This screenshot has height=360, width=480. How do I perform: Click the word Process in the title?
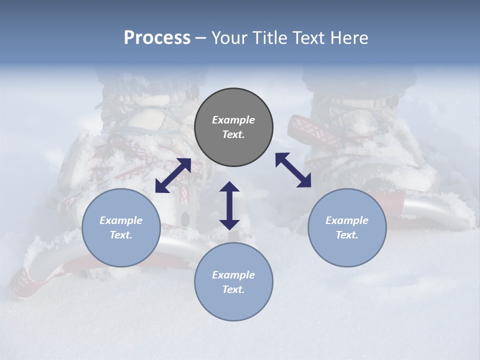[157, 38]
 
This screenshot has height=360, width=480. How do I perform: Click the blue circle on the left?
[121, 227]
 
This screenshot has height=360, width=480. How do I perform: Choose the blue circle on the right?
[347, 227]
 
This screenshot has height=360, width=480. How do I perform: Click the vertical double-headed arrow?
[229, 205]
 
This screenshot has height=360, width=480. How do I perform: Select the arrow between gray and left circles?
[173, 175]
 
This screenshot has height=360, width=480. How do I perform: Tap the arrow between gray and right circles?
[293, 170]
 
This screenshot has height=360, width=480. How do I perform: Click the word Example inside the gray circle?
[233, 120]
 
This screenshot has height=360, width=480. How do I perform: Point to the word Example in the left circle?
[121, 220]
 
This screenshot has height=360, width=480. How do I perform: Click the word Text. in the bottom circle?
[233, 289]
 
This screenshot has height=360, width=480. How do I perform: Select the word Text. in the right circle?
[347, 235]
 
